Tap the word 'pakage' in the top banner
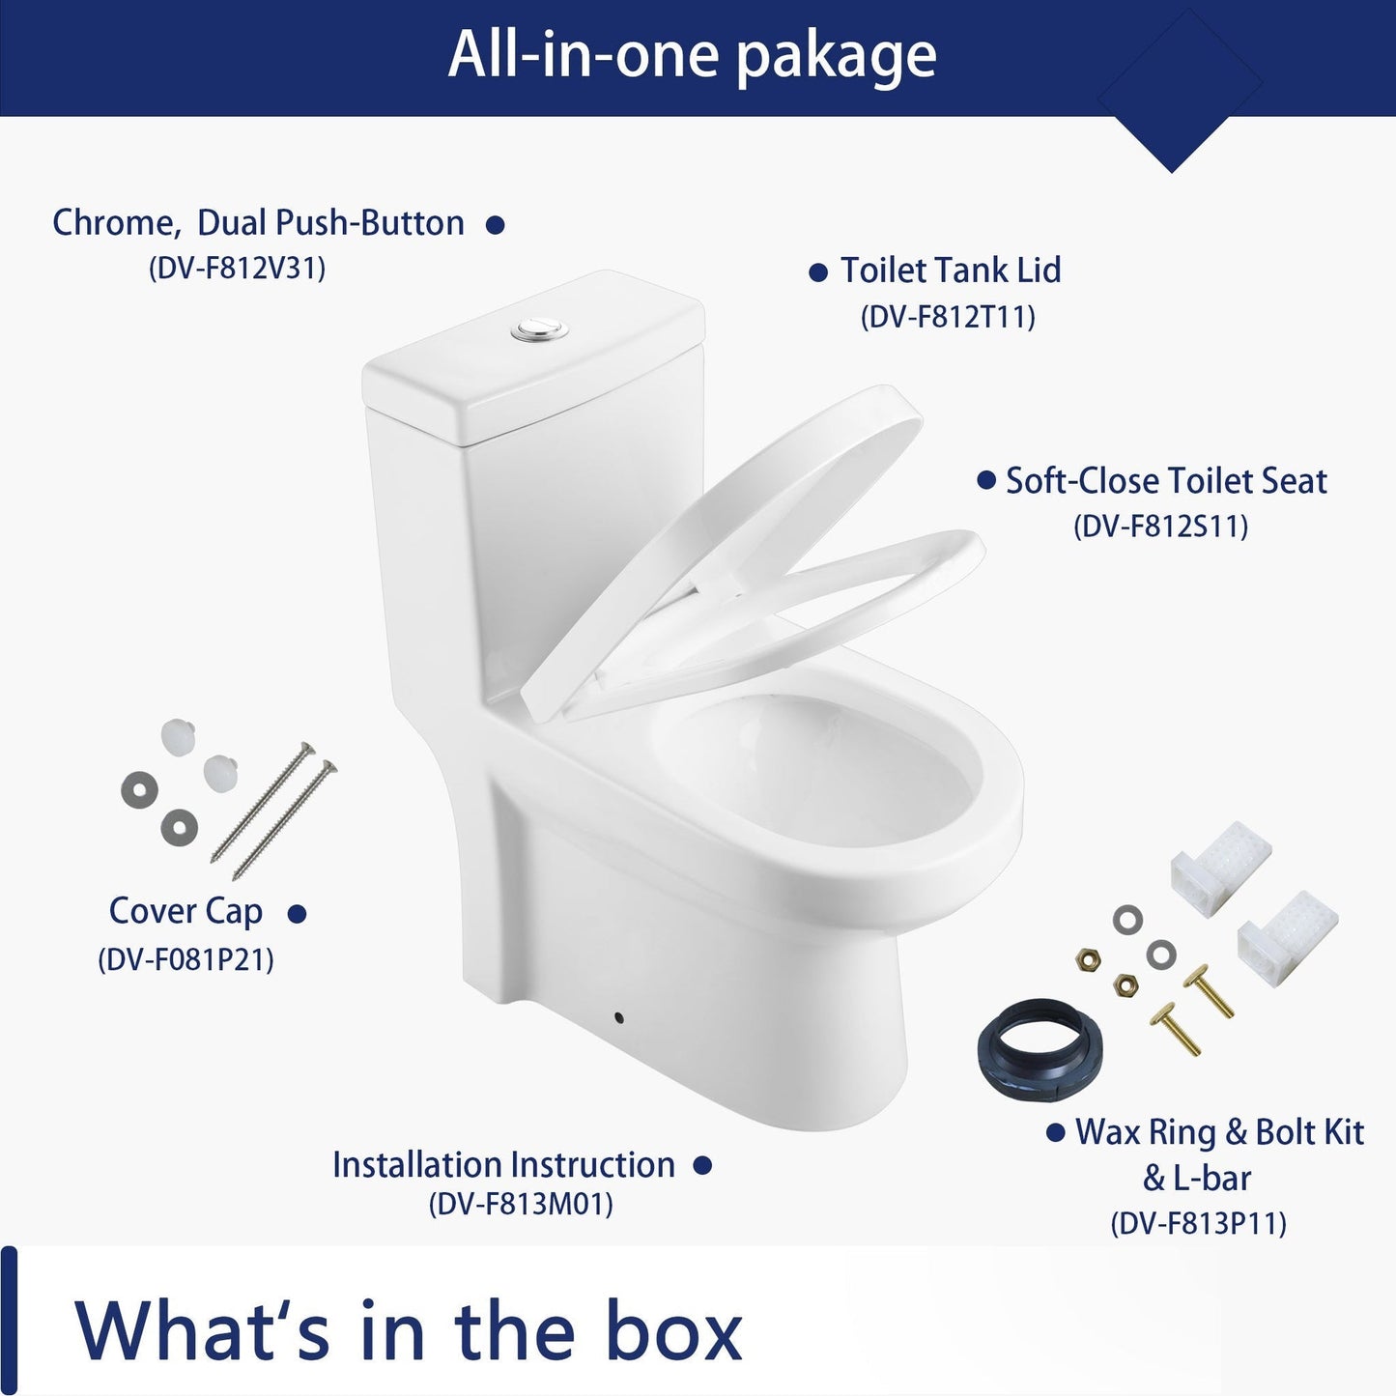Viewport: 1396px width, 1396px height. click(836, 59)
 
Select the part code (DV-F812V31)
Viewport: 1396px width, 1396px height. click(237, 268)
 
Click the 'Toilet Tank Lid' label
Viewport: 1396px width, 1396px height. click(951, 270)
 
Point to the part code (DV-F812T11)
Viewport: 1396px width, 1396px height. click(948, 317)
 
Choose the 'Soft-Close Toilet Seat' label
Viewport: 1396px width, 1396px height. click(1166, 480)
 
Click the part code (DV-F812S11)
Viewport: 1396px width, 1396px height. click(1160, 526)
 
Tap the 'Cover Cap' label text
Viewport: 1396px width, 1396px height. click(185, 912)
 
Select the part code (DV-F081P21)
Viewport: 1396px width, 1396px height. click(185, 960)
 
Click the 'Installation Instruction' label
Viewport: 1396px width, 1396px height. click(503, 1165)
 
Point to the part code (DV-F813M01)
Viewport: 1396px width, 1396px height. click(521, 1205)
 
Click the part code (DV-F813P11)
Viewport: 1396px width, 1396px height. click(1198, 1224)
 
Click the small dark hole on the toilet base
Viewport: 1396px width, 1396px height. click(618, 1018)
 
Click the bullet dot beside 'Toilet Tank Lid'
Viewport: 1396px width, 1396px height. click(818, 273)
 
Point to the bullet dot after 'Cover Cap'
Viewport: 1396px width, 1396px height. click(297, 914)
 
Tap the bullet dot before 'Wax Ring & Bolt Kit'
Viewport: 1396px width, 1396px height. click(1056, 1131)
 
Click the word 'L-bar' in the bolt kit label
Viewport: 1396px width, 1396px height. click(1211, 1178)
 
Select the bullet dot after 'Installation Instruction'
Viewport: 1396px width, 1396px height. click(702, 1166)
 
